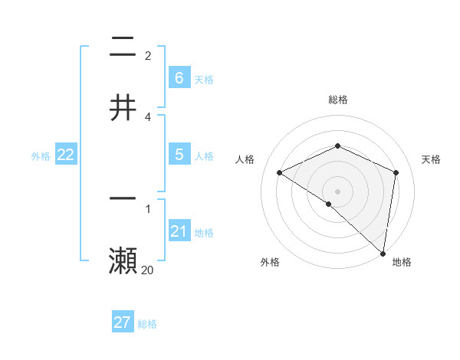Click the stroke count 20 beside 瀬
pyautogui.click(x=147, y=270)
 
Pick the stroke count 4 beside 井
pyautogui.click(x=148, y=116)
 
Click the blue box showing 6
pyautogui.click(x=179, y=77)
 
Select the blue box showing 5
pyautogui.click(x=179, y=155)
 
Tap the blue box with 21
pyautogui.click(x=179, y=231)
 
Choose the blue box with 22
pyautogui.click(x=65, y=155)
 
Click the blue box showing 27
pyautogui.click(x=122, y=322)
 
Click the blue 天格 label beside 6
pyautogui.click(x=203, y=79)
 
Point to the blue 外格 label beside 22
pyautogui.click(x=41, y=155)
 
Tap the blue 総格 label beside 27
pyautogui.click(x=147, y=324)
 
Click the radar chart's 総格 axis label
pyautogui.click(x=337, y=100)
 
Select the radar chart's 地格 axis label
pyautogui.click(x=402, y=263)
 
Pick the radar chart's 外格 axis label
pyautogui.click(x=270, y=263)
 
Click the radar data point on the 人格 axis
pyautogui.click(x=280, y=173)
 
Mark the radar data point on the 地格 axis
pyautogui.click(x=383, y=253)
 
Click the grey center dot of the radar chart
pyautogui.click(x=337, y=191)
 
